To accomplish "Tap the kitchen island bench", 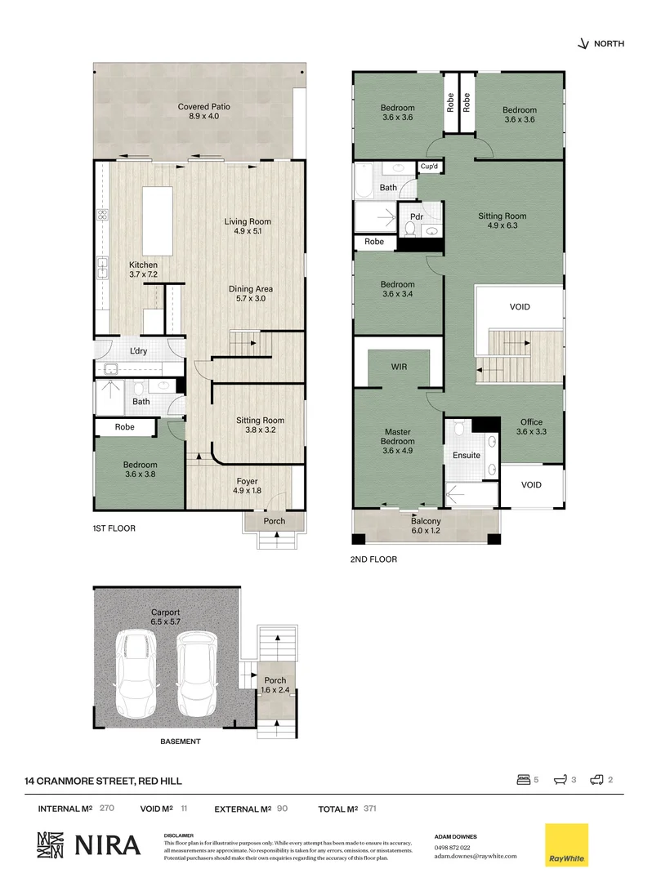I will (157, 220).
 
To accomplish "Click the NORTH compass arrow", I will (583, 44).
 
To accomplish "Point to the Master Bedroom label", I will (398, 437).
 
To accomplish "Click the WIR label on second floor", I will (398, 367).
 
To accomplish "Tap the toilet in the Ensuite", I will (459, 429).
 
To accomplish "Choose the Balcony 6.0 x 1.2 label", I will (426, 526).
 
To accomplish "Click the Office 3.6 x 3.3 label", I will (531, 427).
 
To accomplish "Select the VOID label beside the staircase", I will (520, 307).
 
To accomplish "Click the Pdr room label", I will (415, 217).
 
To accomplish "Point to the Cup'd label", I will (430, 167).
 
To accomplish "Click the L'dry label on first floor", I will (137, 352).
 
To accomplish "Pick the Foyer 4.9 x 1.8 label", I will (247, 486).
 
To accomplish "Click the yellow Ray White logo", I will (567, 844).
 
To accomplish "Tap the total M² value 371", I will (371, 808).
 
